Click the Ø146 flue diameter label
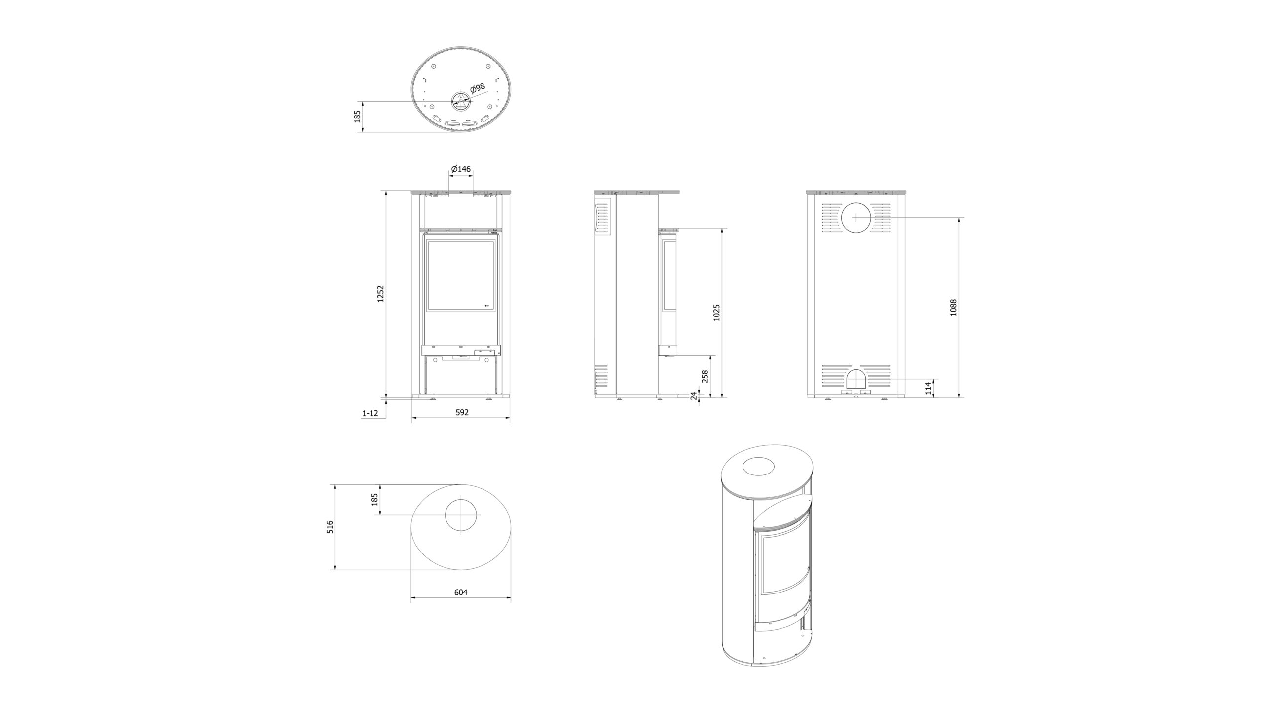tap(461, 169)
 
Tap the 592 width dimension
tap(461, 412)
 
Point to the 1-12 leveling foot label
tap(370, 413)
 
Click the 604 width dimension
tap(460, 592)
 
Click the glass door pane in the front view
tap(460, 276)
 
